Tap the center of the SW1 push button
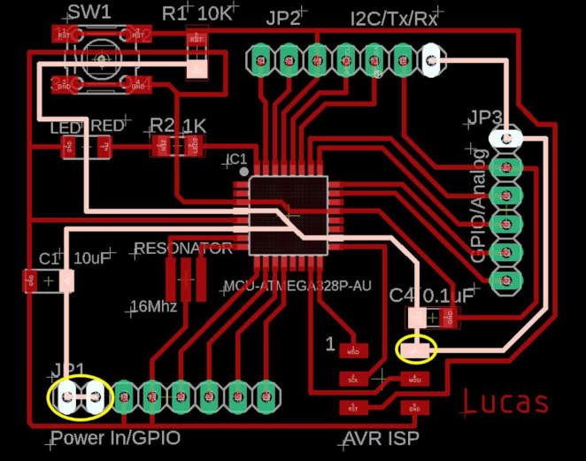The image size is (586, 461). pyautogui.click(x=101, y=60)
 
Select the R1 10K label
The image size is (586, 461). pyautogui.click(x=197, y=13)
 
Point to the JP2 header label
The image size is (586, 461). pyautogui.click(x=283, y=19)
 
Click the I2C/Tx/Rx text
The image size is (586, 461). pyautogui.click(x=394, y=19)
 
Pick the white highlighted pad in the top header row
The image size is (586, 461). pyautogui.click(x=430, y=60)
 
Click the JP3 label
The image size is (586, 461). pyautogui.click(x=486, y=118)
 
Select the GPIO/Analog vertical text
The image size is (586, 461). pyautogui.click(x=479, y=205)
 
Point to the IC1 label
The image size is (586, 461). pyautogui.click(x=237, y=158)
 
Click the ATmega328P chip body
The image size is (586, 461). pyautogui.click(x=289, y=216)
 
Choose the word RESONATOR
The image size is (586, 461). pyautogui.click(x=182, y=249)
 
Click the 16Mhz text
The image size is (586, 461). pyautogui.click(x=153, y=307)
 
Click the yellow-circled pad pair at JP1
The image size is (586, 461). pyautogui.click(x=80, y=397)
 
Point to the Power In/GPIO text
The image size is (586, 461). pyautogui.click(x=115, y=438)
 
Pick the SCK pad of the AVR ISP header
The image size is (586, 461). pyautogui.click(x=352, y=379)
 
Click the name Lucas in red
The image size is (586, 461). pyautogui.click(x=506, y=403)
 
